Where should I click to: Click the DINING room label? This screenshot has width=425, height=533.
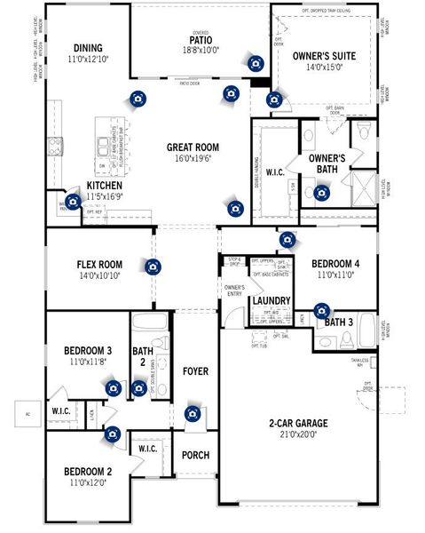coord(88,48)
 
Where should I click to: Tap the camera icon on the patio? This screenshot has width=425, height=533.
coord(256,63)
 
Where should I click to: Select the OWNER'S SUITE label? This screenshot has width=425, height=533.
coord(324,56)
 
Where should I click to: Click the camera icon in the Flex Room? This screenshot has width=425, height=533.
coord(153,266)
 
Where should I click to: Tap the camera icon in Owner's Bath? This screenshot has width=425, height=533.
coord(321,192)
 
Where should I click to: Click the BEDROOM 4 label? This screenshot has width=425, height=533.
coord(336,264)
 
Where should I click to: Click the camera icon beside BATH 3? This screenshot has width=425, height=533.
coord(321,311)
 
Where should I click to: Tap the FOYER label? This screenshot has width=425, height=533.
coord(195,370)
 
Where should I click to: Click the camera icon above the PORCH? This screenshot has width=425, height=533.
coord(193,414)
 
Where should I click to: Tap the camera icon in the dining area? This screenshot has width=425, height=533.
coord(137,99)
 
